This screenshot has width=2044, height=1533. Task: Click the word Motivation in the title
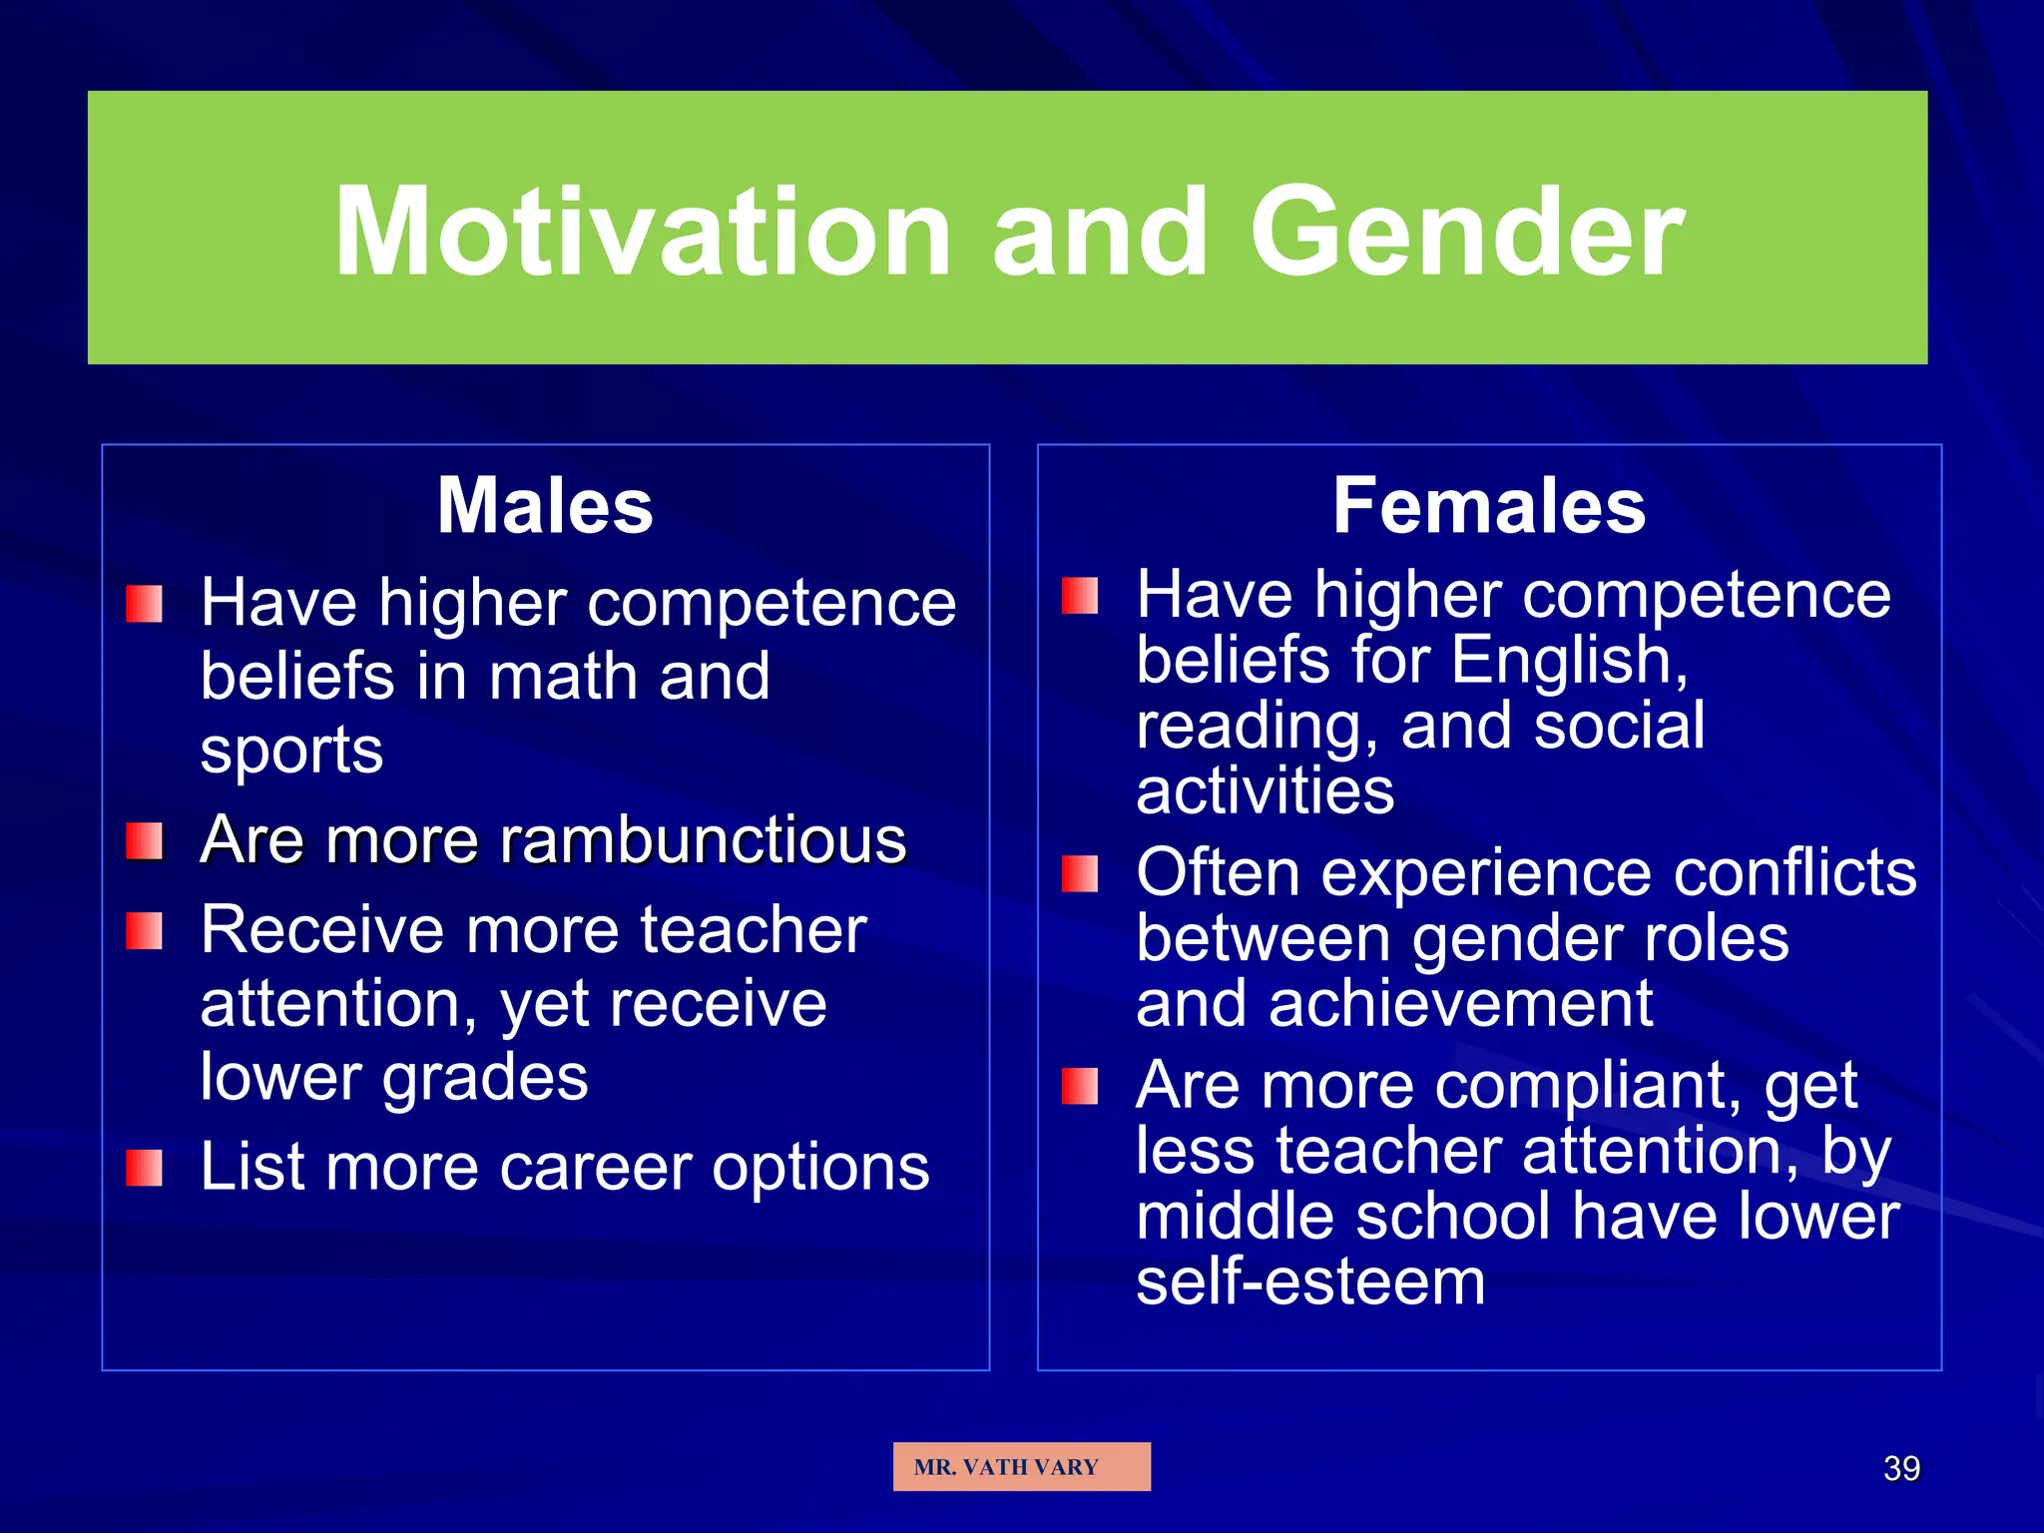(x=643, y=232)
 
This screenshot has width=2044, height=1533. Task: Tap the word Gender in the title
(x=1467, y=232)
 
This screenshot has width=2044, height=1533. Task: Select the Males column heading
(x=545, y=506)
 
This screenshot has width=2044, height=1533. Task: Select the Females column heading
(x=1489, y=506)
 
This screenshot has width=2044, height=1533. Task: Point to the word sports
(x=291, y=751)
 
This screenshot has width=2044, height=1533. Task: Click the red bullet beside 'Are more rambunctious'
(x=145, y=841)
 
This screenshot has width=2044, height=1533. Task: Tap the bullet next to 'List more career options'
(x=145, y=1168)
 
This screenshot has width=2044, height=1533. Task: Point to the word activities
(x=1265, y=791)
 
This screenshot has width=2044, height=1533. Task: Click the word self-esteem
(x=1310, y=1281)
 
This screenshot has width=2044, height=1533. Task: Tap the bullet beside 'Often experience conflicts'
(x=1080, y=874)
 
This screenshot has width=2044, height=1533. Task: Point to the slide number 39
(x=1901, y=1468)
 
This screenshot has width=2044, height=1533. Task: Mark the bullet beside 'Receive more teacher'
(x=145, y=931)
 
